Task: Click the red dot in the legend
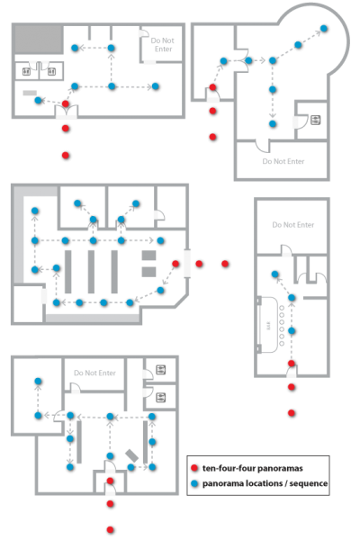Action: tap(194, 468)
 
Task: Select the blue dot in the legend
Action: tap(194, 483)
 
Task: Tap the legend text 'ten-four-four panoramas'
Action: tap(253, 468)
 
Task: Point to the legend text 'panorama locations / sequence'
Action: tap(265, 483)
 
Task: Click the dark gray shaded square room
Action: tap(38, 40)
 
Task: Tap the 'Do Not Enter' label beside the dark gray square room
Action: tap(163, 45)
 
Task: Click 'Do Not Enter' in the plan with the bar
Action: tap(293, 225)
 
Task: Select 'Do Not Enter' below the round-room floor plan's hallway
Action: tap(283, 161)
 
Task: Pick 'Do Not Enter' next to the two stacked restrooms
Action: tap(94, 373)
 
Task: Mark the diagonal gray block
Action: tap(131, 455)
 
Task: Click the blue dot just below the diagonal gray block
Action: tap(130, 467)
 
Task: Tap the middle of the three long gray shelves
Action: tap(91, 272)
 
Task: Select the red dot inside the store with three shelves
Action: tap(175, 264)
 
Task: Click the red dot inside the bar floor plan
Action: tap(292, 364)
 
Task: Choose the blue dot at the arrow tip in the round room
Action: tap(324, 28)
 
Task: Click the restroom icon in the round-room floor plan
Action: tap(315, 121)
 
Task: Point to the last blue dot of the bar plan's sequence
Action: tap(274, 274)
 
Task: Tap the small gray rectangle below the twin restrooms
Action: tap(30, 93)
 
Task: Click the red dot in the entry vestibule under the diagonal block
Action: tap(110, 481)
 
